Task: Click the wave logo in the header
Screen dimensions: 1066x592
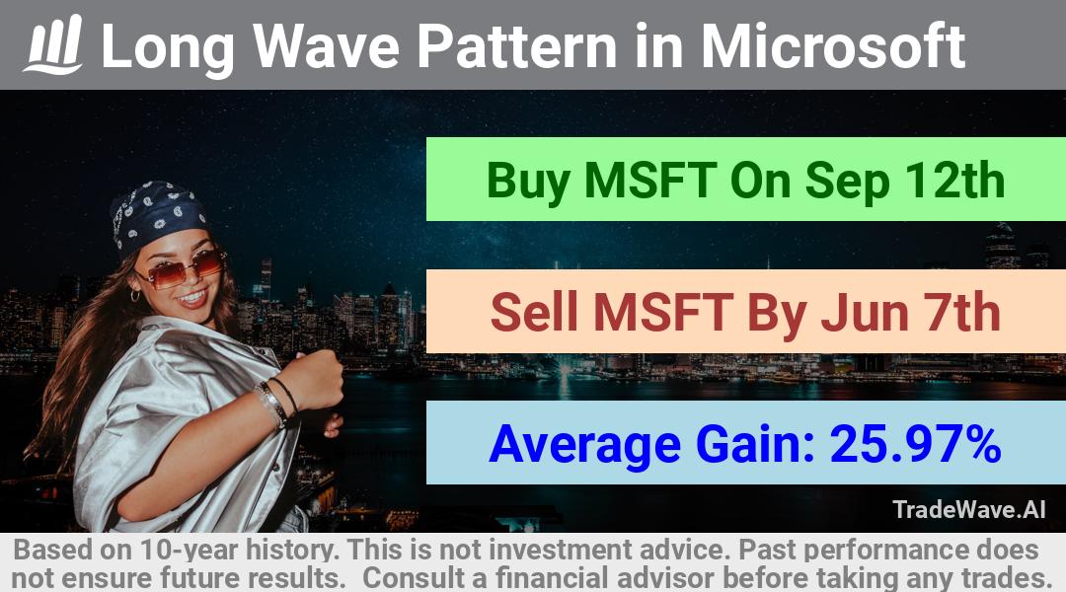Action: (x=53, y=44)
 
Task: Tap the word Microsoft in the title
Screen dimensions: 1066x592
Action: (x=833, y=45)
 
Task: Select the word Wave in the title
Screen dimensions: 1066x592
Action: (x=327, y=45)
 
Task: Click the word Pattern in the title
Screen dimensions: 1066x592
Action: (x=516, y=45)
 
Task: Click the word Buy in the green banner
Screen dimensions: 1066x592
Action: (x=528, y=182)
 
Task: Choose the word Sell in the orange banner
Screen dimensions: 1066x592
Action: (x=534, y=312)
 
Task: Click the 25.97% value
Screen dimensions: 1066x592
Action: (x=915, y=444)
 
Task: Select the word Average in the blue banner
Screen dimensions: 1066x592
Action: (x=584, y=445)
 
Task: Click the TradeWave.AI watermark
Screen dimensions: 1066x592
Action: (x=969, y=509)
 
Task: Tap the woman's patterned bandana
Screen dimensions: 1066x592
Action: (x=158, y=216)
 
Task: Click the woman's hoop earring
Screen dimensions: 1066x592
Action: (x=135, y=296)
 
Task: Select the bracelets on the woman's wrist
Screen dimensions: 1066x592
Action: (x=277, y=401)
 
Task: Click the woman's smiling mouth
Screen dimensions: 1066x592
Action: (x=192, y=297)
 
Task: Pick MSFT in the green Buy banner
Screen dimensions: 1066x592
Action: (x=649, y=181)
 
